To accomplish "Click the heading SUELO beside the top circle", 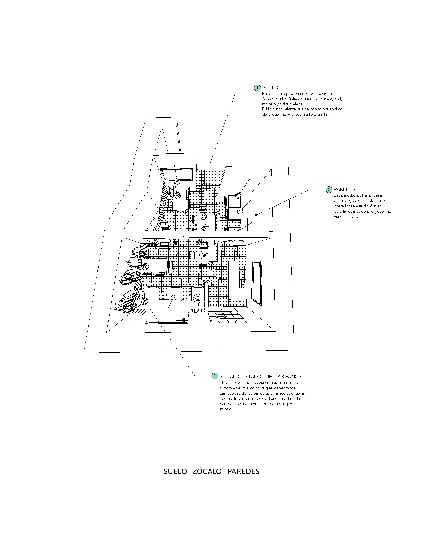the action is [x=270, y=88].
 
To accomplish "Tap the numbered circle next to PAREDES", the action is [x=329, y=190].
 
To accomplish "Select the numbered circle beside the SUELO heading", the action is [x=257, y=88].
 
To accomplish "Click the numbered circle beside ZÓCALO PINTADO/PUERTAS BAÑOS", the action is [x=215, y=376].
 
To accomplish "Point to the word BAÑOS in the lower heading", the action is [x=294, y=376].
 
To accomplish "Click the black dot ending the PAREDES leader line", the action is [x=256, y=215].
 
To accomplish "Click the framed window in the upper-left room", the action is [x=176, y=174].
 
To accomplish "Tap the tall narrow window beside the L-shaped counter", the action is [x=257, y=283].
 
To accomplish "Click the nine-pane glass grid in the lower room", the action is [x=227, y=317].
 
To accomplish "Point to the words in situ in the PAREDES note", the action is [x=377, y=206].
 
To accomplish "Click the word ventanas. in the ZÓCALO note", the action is [x=288, y=388].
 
